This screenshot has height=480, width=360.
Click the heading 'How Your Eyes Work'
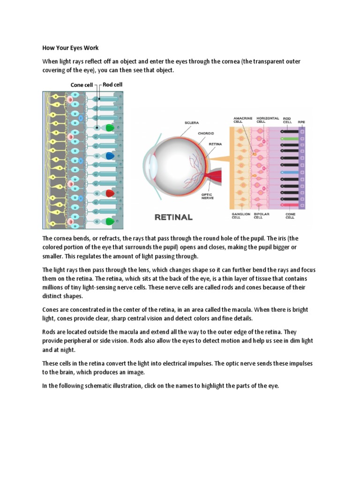click(x=70, y=48)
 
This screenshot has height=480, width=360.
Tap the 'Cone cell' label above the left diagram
click(x=82, y=85)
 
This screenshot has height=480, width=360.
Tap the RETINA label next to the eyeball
click(x=215, y=144)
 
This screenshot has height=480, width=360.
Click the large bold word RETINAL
click(x=173, y=217)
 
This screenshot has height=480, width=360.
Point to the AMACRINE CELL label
click(x=242, y=120)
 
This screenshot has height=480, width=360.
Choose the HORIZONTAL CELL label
click(x=268, y=120)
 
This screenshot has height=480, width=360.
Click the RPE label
click(x=301, y=121)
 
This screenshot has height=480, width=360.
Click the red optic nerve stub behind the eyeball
click(x=217, y=177)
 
